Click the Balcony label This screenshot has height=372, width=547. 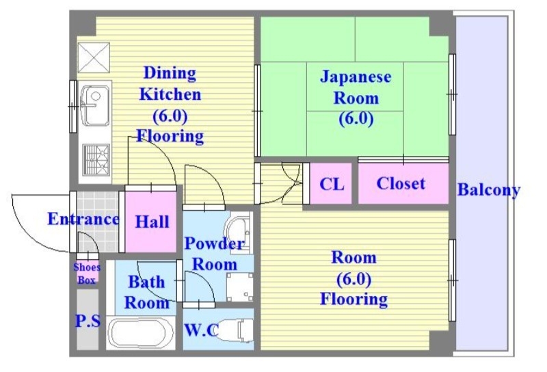(x=488, y=190)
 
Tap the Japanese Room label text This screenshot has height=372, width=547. (x=356, y=87)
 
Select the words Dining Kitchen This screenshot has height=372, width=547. (x=170, y=83)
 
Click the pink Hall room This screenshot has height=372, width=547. (x=152, y=222)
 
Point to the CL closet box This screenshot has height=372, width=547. (x=332, y=184)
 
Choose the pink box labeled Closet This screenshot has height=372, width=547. (x=401, y=183)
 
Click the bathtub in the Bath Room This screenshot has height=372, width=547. (x=142, y=333)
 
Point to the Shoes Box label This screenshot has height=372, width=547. (x=87, y=274)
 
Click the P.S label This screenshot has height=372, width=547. (x=87, y=320)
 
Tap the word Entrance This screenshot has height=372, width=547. (x=83, y=220)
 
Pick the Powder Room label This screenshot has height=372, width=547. (x=214, y=254)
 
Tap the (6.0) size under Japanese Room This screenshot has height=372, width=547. (x=356, y=118)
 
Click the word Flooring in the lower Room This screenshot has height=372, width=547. (x=353, y=299)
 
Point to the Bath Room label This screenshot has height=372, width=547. (x=147, y=292)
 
